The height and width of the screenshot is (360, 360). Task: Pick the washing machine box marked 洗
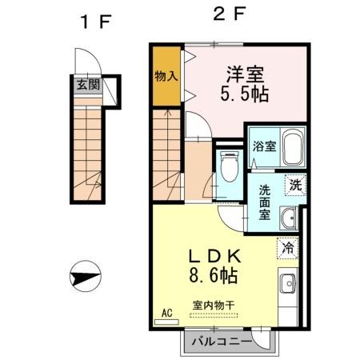tap(295, 183)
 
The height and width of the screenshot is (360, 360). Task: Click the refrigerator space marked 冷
tap(287, 249)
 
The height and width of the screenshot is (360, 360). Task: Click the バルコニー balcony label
tap(226, 342)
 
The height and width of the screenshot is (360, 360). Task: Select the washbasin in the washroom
tap(290, 218)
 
